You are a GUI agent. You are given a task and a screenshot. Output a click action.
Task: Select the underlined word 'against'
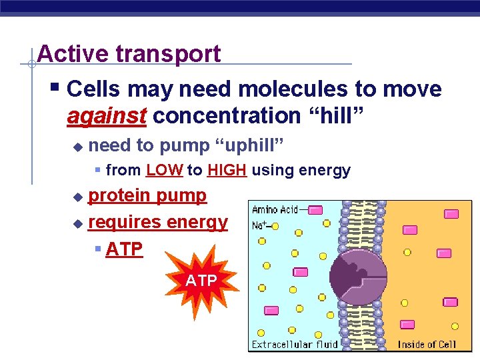tap(107, 115)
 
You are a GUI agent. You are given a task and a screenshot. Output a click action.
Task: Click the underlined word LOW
tap(164, 171)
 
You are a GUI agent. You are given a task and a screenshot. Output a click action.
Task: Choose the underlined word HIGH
tap(227, 171)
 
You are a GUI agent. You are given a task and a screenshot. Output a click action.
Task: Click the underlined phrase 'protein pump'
tap(147, 195)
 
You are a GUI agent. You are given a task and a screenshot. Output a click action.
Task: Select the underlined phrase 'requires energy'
tap(157, 222)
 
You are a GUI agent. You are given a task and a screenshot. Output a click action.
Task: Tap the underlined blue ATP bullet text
tap(124, 249)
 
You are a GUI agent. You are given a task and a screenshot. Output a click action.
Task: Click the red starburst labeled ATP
tap(201, 281)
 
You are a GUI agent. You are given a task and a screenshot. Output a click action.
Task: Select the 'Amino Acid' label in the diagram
tap(275, 209)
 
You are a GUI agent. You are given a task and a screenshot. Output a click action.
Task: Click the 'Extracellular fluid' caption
tap(294, 344)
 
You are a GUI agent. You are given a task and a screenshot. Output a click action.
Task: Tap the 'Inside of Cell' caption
tap(427, 344)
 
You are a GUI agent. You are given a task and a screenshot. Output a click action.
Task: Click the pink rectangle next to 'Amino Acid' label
tap(315, 210)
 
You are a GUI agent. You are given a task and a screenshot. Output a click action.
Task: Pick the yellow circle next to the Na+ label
tap(275, 227)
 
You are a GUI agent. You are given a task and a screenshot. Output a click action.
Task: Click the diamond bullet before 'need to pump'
tap(77, 145)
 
